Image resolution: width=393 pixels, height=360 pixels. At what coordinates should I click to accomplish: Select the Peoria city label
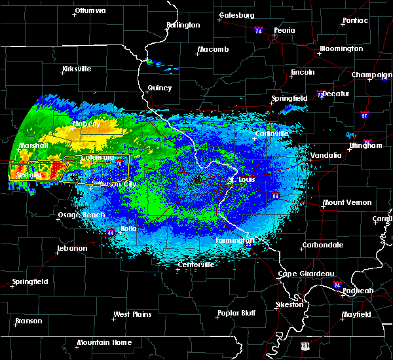point(284,30)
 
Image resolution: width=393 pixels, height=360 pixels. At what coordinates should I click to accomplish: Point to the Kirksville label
point(77,69)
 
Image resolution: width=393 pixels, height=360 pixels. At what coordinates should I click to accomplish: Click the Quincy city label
point(160,88)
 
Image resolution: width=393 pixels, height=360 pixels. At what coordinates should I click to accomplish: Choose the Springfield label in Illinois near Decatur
point(289,98)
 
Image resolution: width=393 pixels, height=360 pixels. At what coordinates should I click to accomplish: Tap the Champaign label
point(371,75)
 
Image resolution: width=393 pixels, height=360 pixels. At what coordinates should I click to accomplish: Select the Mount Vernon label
point(346,202)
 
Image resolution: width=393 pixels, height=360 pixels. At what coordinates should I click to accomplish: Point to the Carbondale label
point(322,245)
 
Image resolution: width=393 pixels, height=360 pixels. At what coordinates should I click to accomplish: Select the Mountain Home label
point(103,342)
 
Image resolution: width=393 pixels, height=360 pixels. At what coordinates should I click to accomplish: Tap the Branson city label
point(28,321)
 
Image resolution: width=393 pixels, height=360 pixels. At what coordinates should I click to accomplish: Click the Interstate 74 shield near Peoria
point(258,31)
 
